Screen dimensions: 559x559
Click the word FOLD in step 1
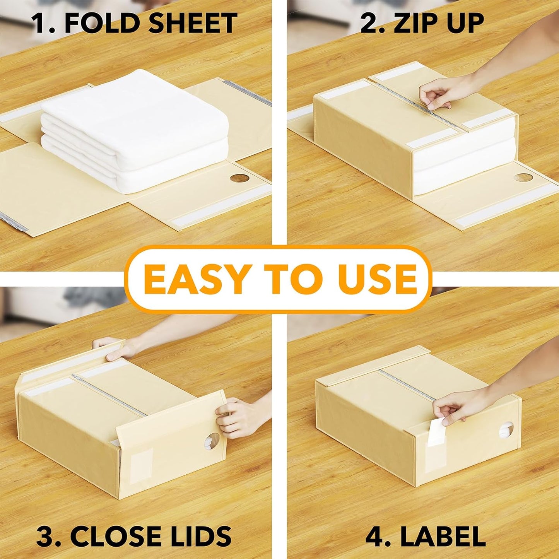101,23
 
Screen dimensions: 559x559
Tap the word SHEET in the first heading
193,23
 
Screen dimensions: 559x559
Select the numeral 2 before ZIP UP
368,23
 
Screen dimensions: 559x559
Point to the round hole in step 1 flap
239,179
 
